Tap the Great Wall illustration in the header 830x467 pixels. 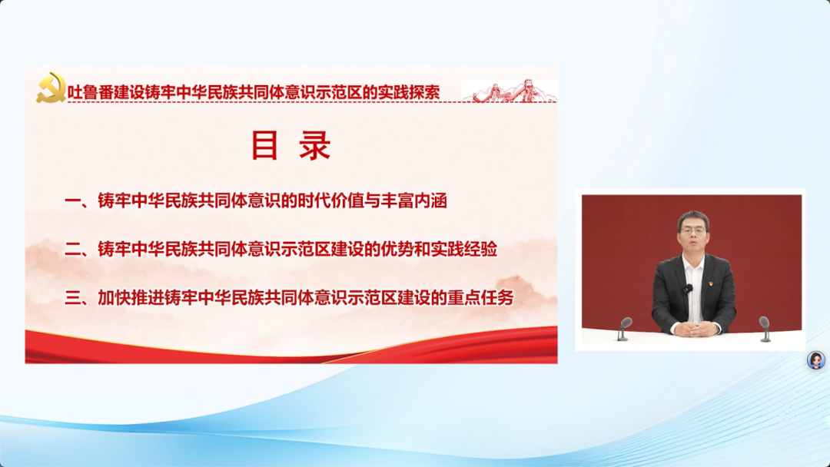tap(509, 91)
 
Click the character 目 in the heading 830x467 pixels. tap(265, 146)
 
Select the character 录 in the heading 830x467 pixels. tap(315, 146)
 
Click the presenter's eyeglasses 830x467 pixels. tap(693, 230)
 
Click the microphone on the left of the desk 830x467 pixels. tap(625, 326)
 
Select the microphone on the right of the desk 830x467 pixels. tap(764, 326)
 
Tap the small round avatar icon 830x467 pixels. tap(815, 360)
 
